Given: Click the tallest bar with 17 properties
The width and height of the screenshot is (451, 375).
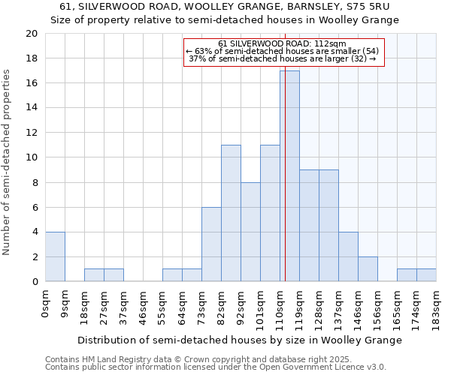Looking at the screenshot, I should (x=289, y=176).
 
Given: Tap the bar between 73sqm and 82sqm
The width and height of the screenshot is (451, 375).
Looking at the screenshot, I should (x=211, y=244).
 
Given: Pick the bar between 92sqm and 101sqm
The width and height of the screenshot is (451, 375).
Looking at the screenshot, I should (x=250, y=232).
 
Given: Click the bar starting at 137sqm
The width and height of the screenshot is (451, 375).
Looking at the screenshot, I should (x=348, y=256).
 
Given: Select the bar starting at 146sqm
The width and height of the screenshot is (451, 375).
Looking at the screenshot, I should (x=368, y=269).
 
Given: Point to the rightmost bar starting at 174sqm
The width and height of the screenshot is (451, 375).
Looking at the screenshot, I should (x=426, y=275).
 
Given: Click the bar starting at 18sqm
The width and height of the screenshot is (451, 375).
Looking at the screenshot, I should (x=94, y=275).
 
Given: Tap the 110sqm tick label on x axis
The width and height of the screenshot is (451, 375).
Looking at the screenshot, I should (x=280, y=306).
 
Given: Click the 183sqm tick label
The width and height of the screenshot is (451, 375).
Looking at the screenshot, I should (x=437, y=306).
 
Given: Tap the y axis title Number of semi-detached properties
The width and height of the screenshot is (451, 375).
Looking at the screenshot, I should (x=8, y=161).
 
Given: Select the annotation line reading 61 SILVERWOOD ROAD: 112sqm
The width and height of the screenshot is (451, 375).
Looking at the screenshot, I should (x=283, y=43).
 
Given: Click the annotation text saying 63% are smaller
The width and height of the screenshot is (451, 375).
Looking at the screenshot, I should (x=283, y=51).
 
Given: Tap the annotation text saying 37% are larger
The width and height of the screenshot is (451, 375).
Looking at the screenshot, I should (x=283, y=58).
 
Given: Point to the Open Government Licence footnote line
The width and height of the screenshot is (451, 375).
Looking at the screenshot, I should (x=216, y=367).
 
